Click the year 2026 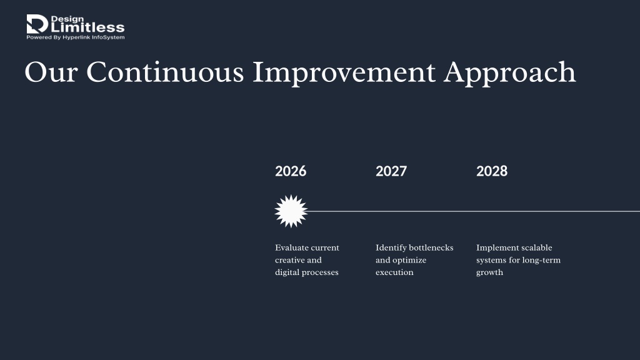pos(291,171)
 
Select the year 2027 pos(391,171)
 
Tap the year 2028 pos(492,171)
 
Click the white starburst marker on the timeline pos(291,211)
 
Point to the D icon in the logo pos(37,24)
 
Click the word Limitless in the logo pos(87,27)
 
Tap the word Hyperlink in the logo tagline pos(76,37)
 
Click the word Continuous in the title pos(165,72)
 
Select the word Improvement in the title pos(344,72)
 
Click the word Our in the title pos(51,72)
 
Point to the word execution pos(394,272)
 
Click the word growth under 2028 pos(489,272)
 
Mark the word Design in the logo pos(67,19)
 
